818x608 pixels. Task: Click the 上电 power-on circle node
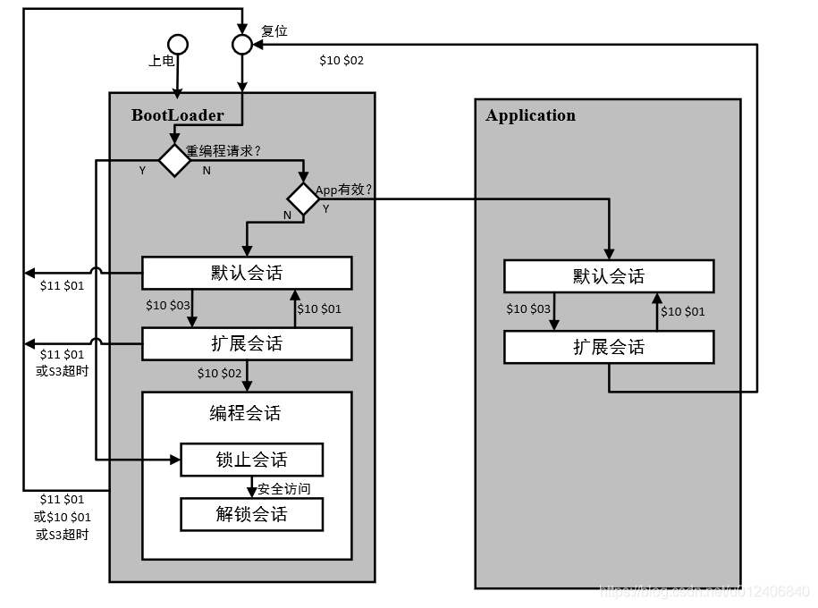click(178, 44)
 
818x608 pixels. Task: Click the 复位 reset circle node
click(242, 44)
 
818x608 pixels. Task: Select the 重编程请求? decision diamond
click(174, 161)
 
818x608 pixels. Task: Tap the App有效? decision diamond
click(302, 198)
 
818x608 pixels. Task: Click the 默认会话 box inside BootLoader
click(247, 274)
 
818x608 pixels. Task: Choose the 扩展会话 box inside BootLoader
click(247, 343)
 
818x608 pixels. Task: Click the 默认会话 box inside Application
click(609, 276)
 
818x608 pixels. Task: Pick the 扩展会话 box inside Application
click(609, 347)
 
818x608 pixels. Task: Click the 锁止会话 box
click(251, 460)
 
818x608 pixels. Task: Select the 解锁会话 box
click(251, 514)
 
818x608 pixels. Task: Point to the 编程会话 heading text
click(245, 413)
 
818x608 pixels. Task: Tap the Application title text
click(530, 115)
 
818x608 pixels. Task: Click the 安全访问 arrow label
click(284, 489)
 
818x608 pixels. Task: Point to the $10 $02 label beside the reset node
click(342, 61)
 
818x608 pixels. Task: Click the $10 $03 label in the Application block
click(528, 309)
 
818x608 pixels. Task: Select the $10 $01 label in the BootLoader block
click(319, 309)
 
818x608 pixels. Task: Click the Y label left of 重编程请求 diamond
click(142, 171)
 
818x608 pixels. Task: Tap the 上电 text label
click(161, 62)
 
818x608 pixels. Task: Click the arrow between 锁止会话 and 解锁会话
click(251, 487)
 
